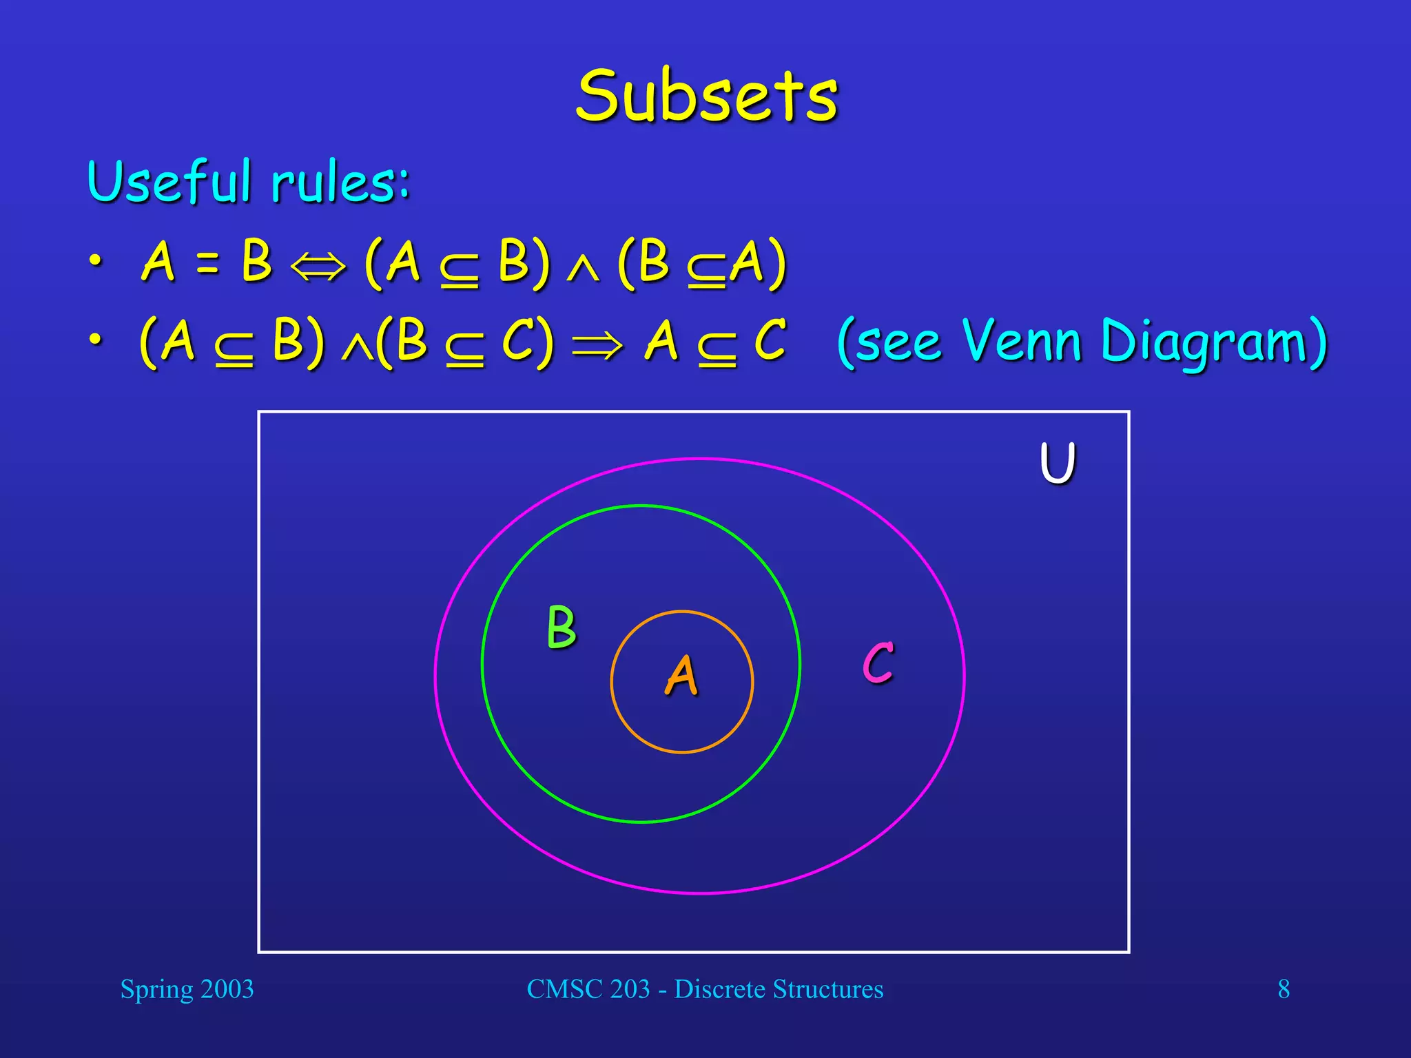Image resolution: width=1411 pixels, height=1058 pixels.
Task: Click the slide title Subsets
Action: click(x=707, y=97)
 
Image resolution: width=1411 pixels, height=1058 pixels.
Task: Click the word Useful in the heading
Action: click(x=169, y=183)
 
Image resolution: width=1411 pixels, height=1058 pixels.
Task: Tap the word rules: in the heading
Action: click(x=340, y=184)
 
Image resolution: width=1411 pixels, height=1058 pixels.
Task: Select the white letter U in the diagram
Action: click(x=1057, y=463)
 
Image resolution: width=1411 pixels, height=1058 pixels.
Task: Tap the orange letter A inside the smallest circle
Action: click(x=681, y=676)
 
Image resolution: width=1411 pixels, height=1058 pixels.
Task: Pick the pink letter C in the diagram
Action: click(x=878, y=663)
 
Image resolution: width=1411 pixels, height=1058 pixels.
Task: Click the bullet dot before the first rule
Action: click(x=96, y=261)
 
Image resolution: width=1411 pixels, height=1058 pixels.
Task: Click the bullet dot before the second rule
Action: click(x=96, y=340)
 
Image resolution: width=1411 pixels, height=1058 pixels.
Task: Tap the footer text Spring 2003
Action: click(x=187, y=989)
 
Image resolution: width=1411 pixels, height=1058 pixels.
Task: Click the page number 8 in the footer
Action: click(x=1284, y=989)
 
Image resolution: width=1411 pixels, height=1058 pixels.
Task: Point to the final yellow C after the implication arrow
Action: click(x=770, y=340)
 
